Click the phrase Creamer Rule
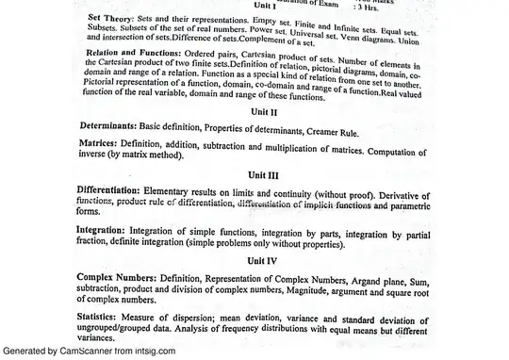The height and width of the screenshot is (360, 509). coord(364,125)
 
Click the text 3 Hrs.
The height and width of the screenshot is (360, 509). coord(367,7)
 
